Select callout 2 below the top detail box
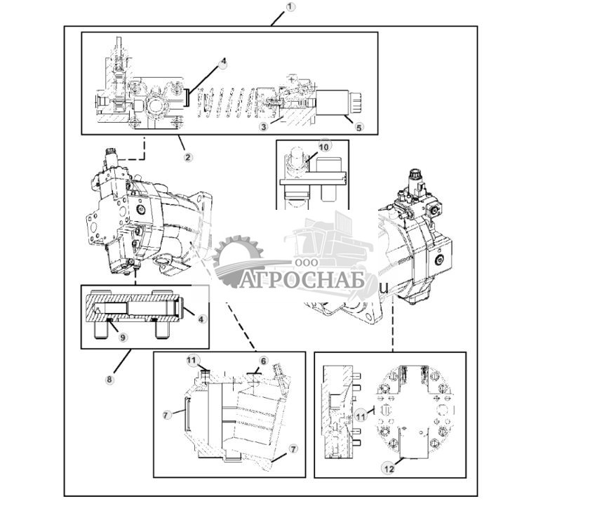187,156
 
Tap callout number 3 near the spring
263,126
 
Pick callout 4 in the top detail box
224,62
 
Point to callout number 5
359,128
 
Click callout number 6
263,360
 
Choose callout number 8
109,380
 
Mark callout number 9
123,337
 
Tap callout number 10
323,146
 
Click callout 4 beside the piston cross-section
201,319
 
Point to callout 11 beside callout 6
192,360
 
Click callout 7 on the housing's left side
167,415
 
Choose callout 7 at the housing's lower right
293,448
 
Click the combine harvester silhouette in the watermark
330,242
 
